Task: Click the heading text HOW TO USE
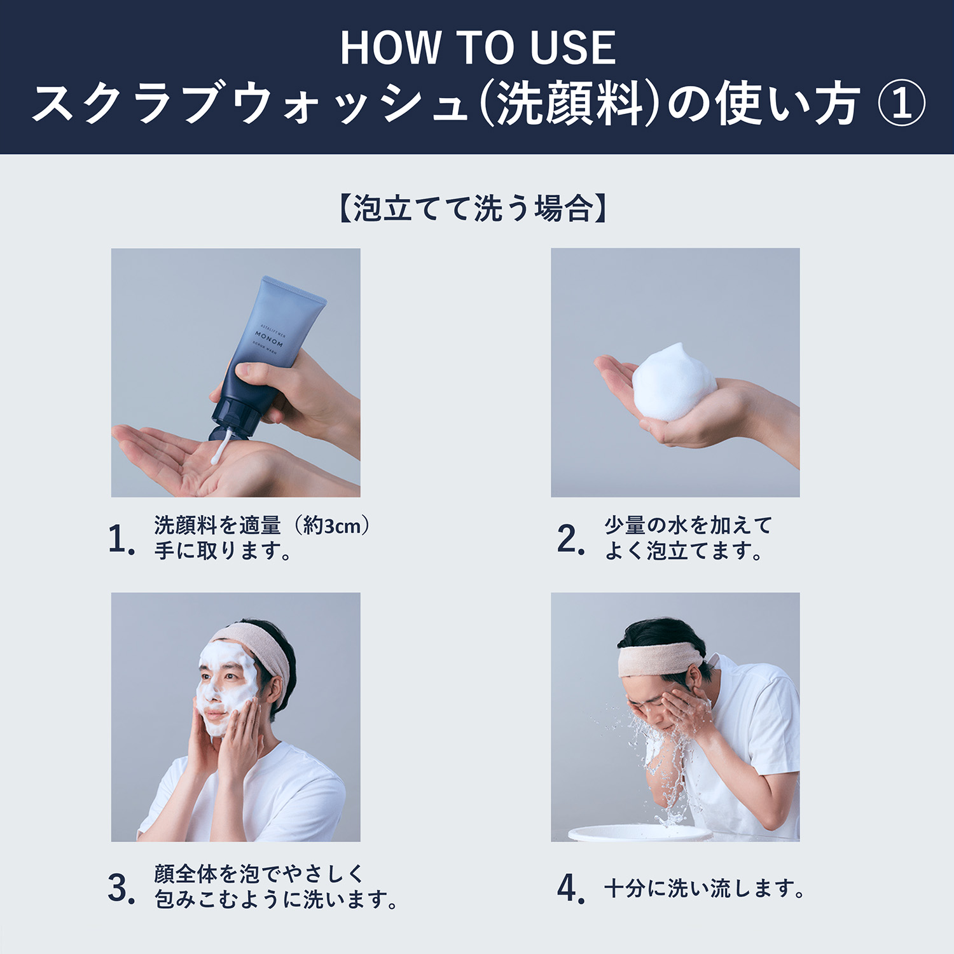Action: pyautogui.click(x=477, y=48)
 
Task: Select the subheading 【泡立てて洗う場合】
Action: pyautogui.click(x=473, y=209)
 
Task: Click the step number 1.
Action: pyautogui.click(x=121, y=539)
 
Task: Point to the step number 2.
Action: pyautogui.click(x=570, y=539)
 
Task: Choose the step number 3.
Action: pyautogui.click(x=121, y=888)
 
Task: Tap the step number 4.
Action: pyautogui.click(x=570, y=888)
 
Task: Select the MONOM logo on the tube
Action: pyautogui.click(x=269, y=336)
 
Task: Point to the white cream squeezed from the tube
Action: pyautogui.click(x=218, y=448)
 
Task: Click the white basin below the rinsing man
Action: pyautogui.click(x=639, y=833)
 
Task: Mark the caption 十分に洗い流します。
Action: pyautogui.click(x=704, y=888)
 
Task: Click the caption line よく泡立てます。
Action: pyautogui.click(x=684, y=551)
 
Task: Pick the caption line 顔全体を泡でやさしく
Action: pyautogui.click(x=258, y=874)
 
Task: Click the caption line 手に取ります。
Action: pyautogui.click(x=223, y=551)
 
